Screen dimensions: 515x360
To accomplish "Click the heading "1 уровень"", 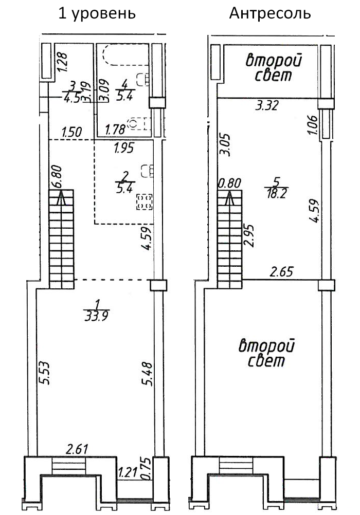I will (98, 13).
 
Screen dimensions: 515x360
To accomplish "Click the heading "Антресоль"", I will (270, 13).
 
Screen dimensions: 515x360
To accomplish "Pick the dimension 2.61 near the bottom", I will (77, 449).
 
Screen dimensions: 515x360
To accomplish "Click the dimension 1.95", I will (123, 149).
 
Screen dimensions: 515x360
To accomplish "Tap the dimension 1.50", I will (71, 132).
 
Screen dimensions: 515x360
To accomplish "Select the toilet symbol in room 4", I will (136, 124).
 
